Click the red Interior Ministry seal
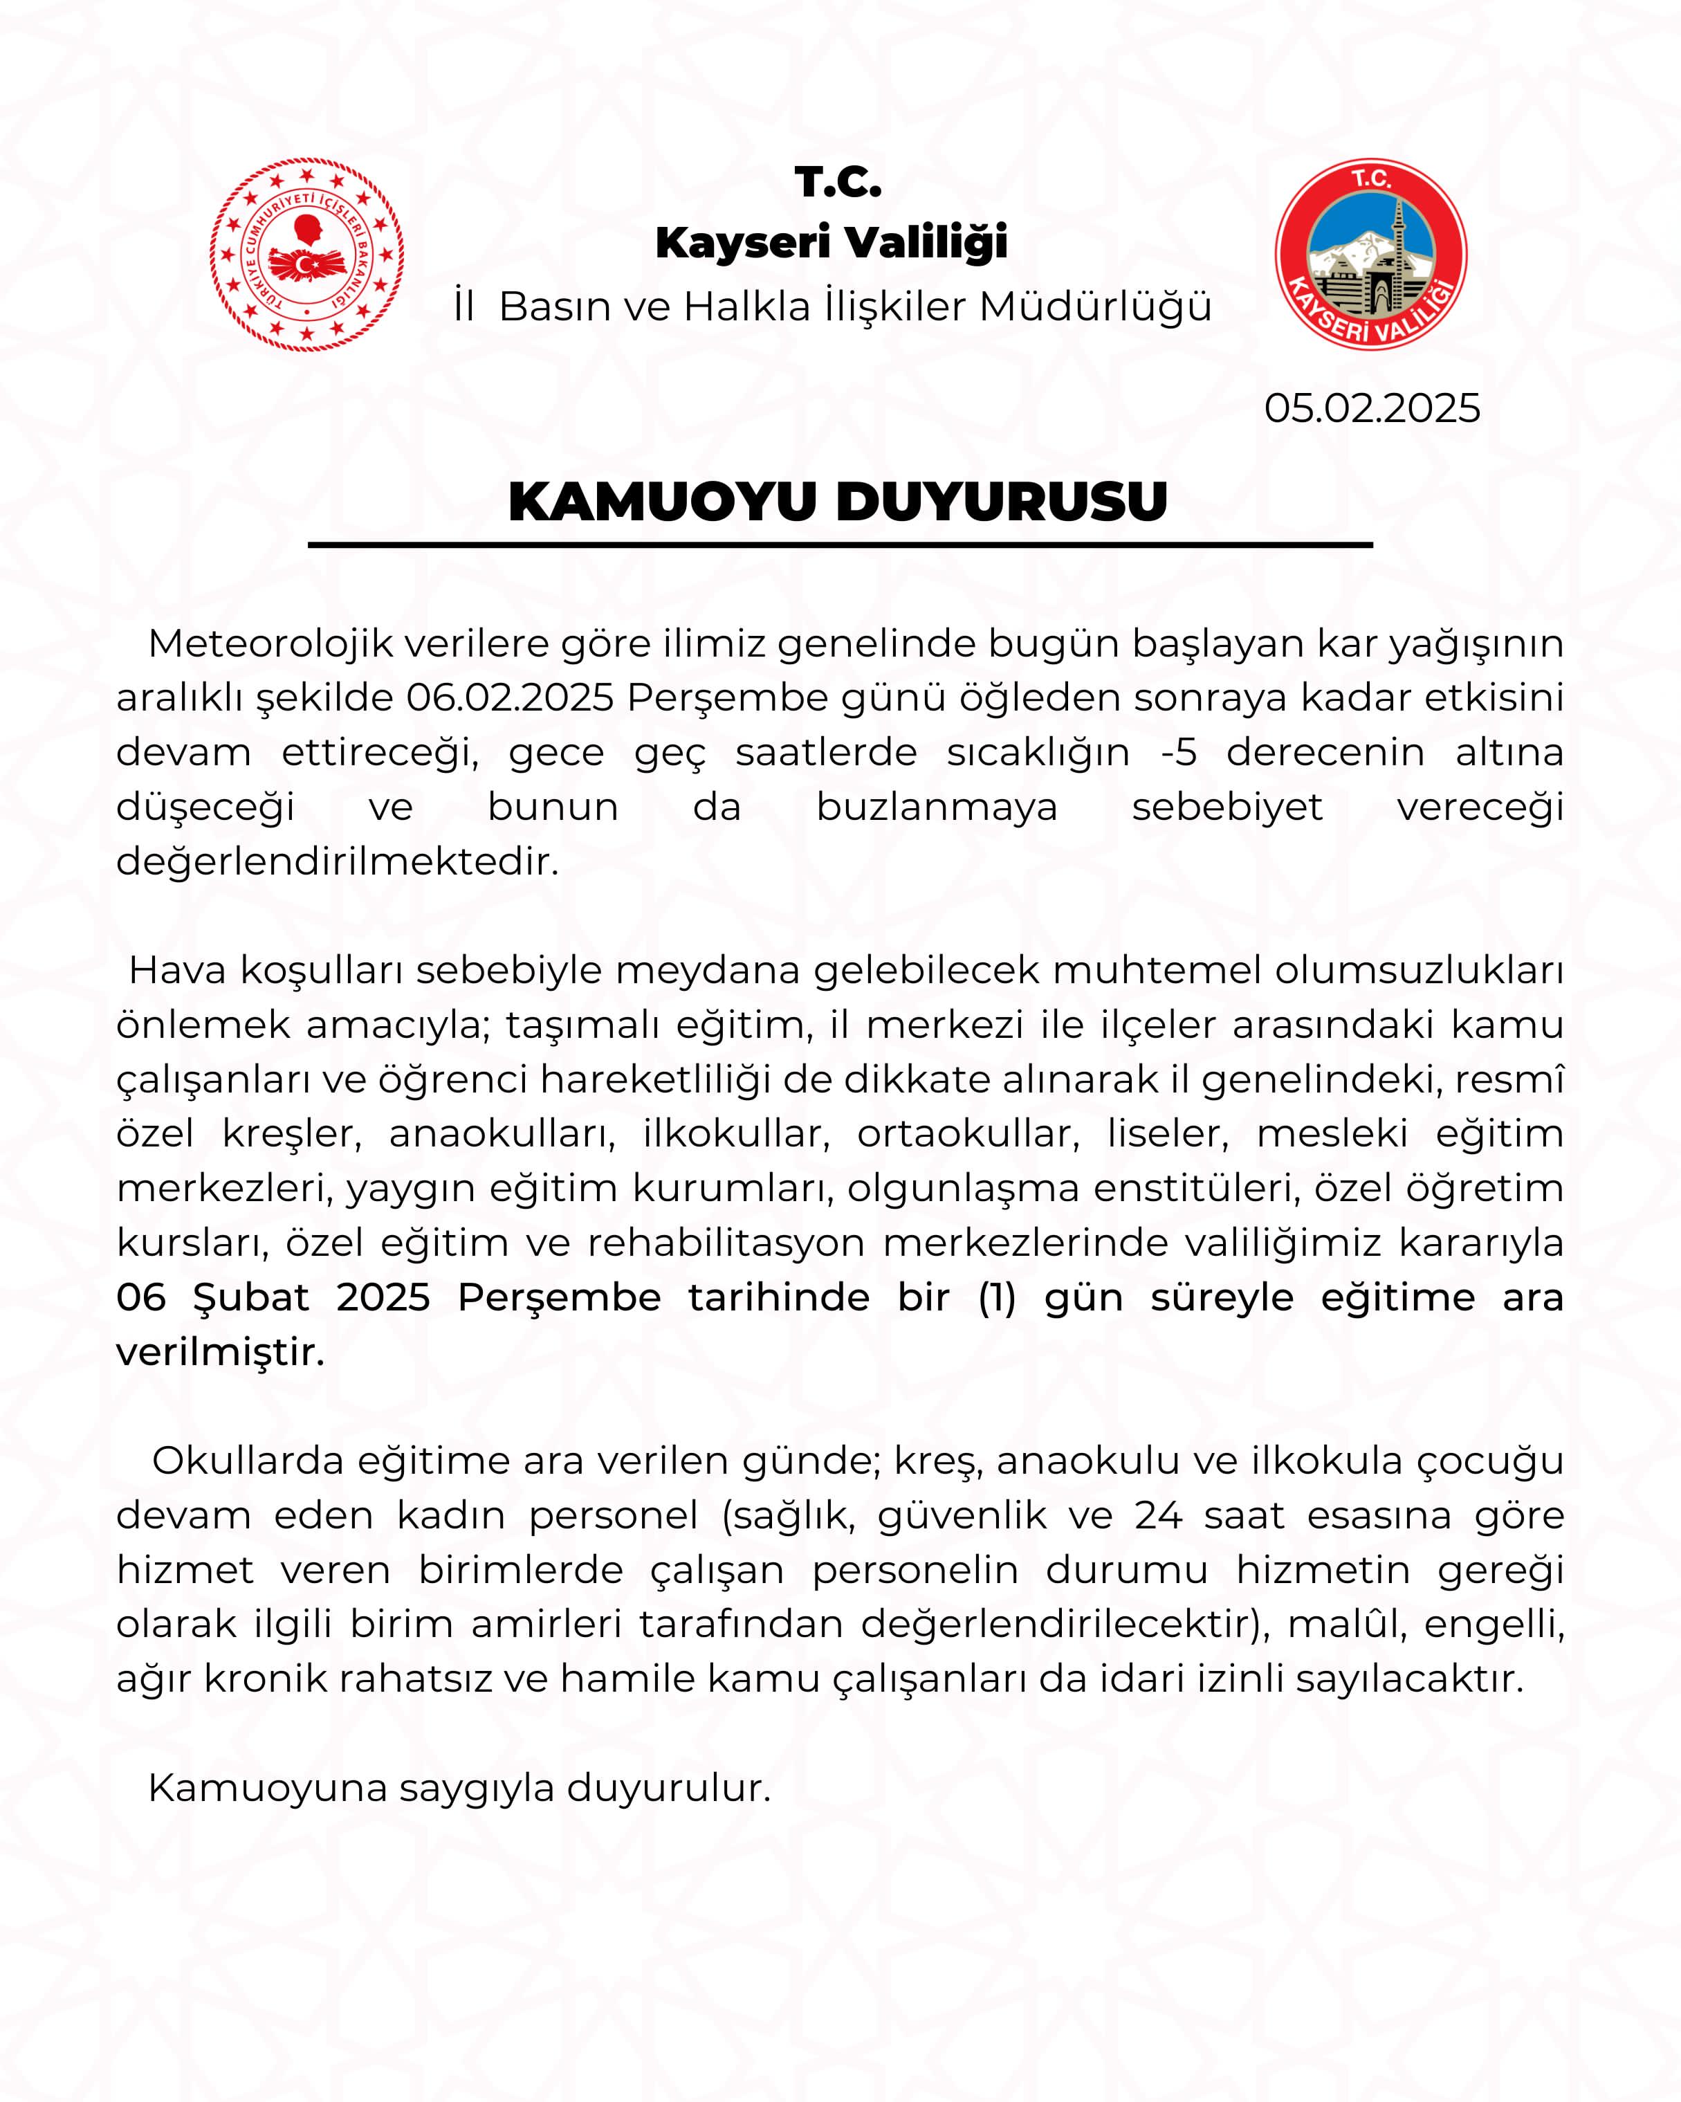pyautogui.click(x=307, y=255)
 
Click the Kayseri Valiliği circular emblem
pyautogui.click(x=1371, y=255)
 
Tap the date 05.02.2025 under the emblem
pyautogui.click(x=1371, y=408)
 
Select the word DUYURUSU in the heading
pyautogui.click(x=1001, y=502)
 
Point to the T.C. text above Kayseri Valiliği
pyautogui.click(x=838, y=183)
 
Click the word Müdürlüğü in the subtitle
pyautogui.click(x=1095, y=307)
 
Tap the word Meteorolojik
pyautogui.click(x=270, y=643)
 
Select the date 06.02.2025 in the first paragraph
pyautogui.click(x=510, y=698)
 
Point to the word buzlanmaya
pyautogui.click(x=937, y=807)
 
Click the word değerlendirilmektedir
pyautogui.click(x=337, y=862)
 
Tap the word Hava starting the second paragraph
pyautogui.click(x=177, y=970)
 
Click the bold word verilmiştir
pyautogui.click(x=220, y=1352)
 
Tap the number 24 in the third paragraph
pyautogui.click(x=1159, y=1515)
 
